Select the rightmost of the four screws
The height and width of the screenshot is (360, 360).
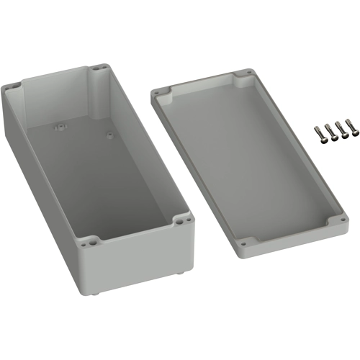pos(351,127)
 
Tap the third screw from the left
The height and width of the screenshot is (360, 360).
pos(341,129)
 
